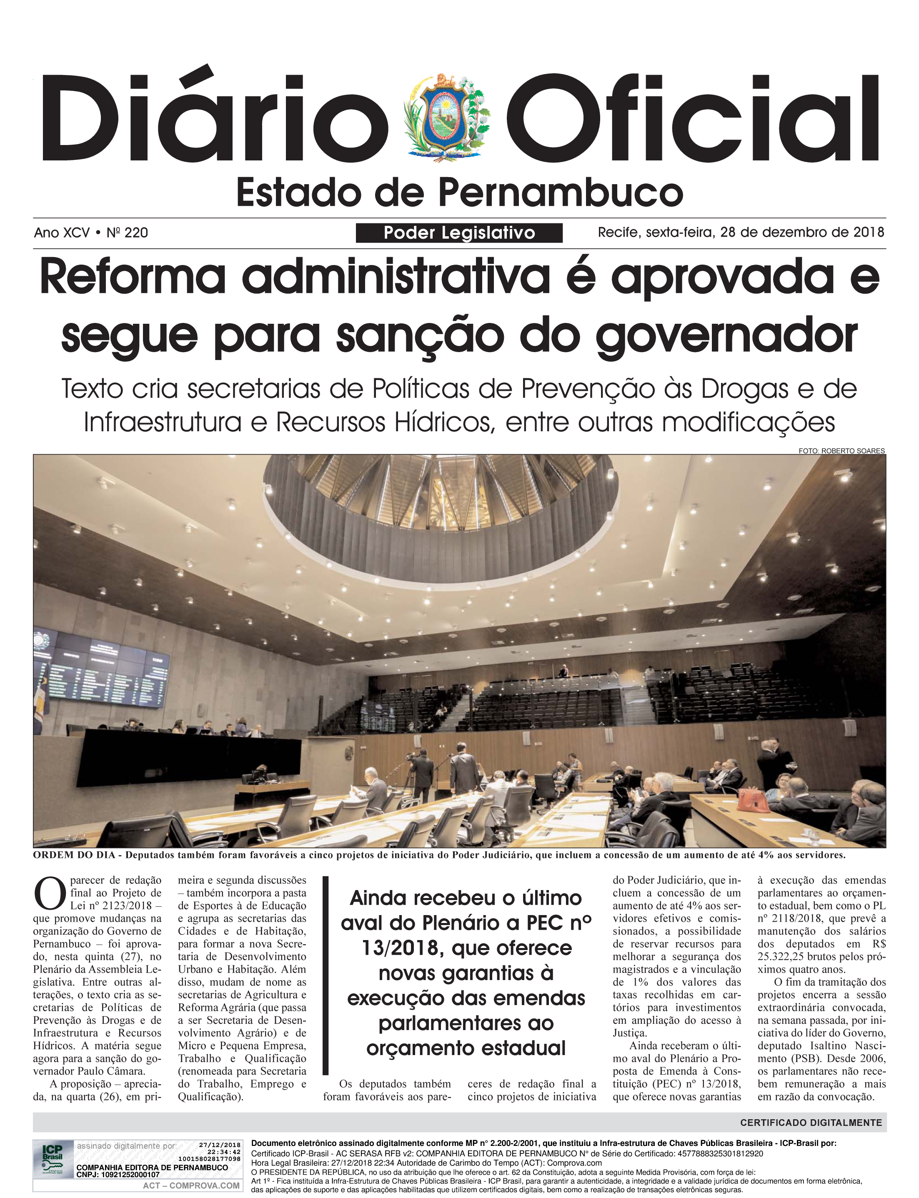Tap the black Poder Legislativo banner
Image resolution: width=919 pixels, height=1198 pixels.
click(x=459, y=233)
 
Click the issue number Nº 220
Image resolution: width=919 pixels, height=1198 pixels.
click(x=128, y=233)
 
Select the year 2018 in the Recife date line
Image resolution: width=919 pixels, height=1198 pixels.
click(x=869, y=233)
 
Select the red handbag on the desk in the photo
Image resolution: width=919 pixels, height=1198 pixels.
click(x=753, y=800)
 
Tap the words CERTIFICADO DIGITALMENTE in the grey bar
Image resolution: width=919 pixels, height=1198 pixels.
click(x=811, y=1123)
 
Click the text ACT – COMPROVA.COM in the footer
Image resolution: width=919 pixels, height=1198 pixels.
click(x=191, y=1185)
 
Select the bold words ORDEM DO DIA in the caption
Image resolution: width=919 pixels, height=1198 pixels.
click(x=74, y=855)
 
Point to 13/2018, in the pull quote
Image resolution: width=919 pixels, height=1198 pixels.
click(x=401, y=948)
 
